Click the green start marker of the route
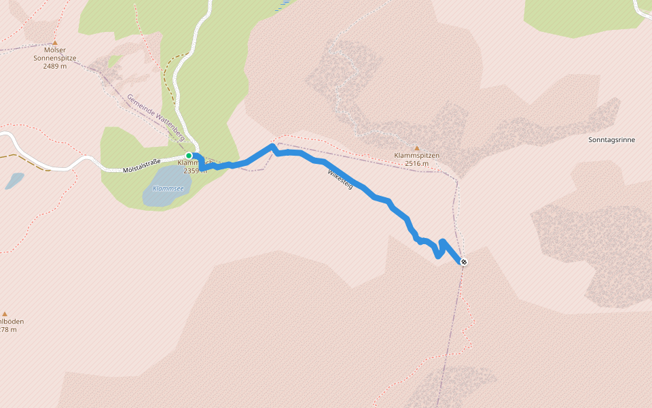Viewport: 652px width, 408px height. point(189,156)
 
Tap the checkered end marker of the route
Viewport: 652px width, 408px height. point(463,262)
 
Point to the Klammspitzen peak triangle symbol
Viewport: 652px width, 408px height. point(417,148)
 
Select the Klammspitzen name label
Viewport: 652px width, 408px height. point(417,156)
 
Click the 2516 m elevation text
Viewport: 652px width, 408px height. point(417,164)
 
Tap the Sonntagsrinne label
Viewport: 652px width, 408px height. point(612,139)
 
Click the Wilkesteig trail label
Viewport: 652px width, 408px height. point(340,179)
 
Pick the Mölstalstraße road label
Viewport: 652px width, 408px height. point(142,165)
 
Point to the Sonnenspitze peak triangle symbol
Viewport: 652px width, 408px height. point(55,42)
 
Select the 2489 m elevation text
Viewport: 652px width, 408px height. point(55,66)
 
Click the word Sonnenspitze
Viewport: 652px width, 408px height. point(55,58)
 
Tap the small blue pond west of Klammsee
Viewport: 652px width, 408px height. point(14,181)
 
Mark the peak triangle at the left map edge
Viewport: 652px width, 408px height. point(5,313)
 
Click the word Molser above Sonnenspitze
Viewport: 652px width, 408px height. point(55,50)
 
